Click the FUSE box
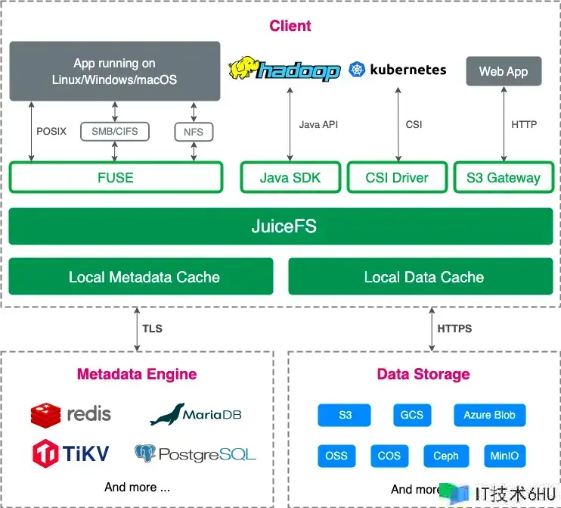pos(116,178)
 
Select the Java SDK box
pos(290,178)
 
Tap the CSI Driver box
pos(398,178)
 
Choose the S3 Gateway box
pos(503,178)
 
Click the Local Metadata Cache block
pos(141,277)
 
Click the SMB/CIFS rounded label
pos(115,132)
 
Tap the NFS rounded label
pos(194,132)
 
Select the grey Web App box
pos(504,71)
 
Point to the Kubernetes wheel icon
pos(356,70)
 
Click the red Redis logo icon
pos(45,414)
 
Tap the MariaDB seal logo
pos(168,413)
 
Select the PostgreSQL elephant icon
pos(145,453)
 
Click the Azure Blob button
pos(489,415)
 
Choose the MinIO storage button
pos(504,456)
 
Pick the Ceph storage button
pos(446,456)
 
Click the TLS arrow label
pos(152,329)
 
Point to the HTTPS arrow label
pos(454,329)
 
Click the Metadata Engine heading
pos(137,374)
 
